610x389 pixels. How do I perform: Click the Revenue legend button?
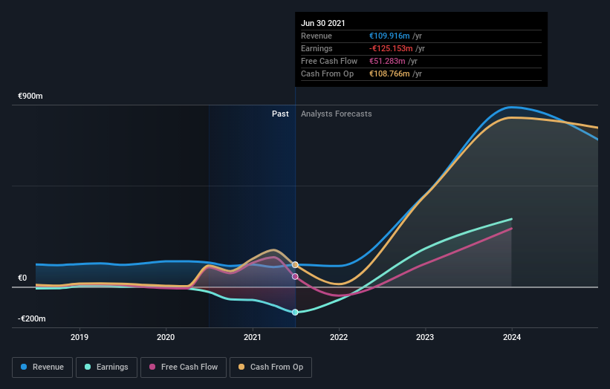click(x=43, y=367)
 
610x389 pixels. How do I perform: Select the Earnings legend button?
click(x=106, y=367)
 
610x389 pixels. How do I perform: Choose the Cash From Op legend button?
click(x=271, y=367)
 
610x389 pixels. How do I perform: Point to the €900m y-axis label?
click(x=31, y=97)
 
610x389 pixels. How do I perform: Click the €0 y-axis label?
click(x=22, y=278)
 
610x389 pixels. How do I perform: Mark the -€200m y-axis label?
click(x=32, y=318)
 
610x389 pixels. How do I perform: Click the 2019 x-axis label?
click(x=80, y=336)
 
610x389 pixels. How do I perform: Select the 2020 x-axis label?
click(x=166, y=336)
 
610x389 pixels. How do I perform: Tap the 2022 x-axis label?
click(x=339, y=336)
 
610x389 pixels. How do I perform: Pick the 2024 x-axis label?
click(x=511, y=336)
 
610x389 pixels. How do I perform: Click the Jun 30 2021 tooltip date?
click(x=323, y=23)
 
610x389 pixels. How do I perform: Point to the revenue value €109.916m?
click(x=395, y=36)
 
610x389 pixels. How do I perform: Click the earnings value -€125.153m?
click(x=397, y=48)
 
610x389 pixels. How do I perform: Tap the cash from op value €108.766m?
click(x=395, y=73)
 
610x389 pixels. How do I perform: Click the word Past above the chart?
click(x=280, y=114)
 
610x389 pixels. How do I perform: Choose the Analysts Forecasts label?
click(x=337, y=114)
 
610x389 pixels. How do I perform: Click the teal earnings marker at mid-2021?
click(x=295, y=313)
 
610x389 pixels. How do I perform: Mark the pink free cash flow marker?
click(x=295, y=276)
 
